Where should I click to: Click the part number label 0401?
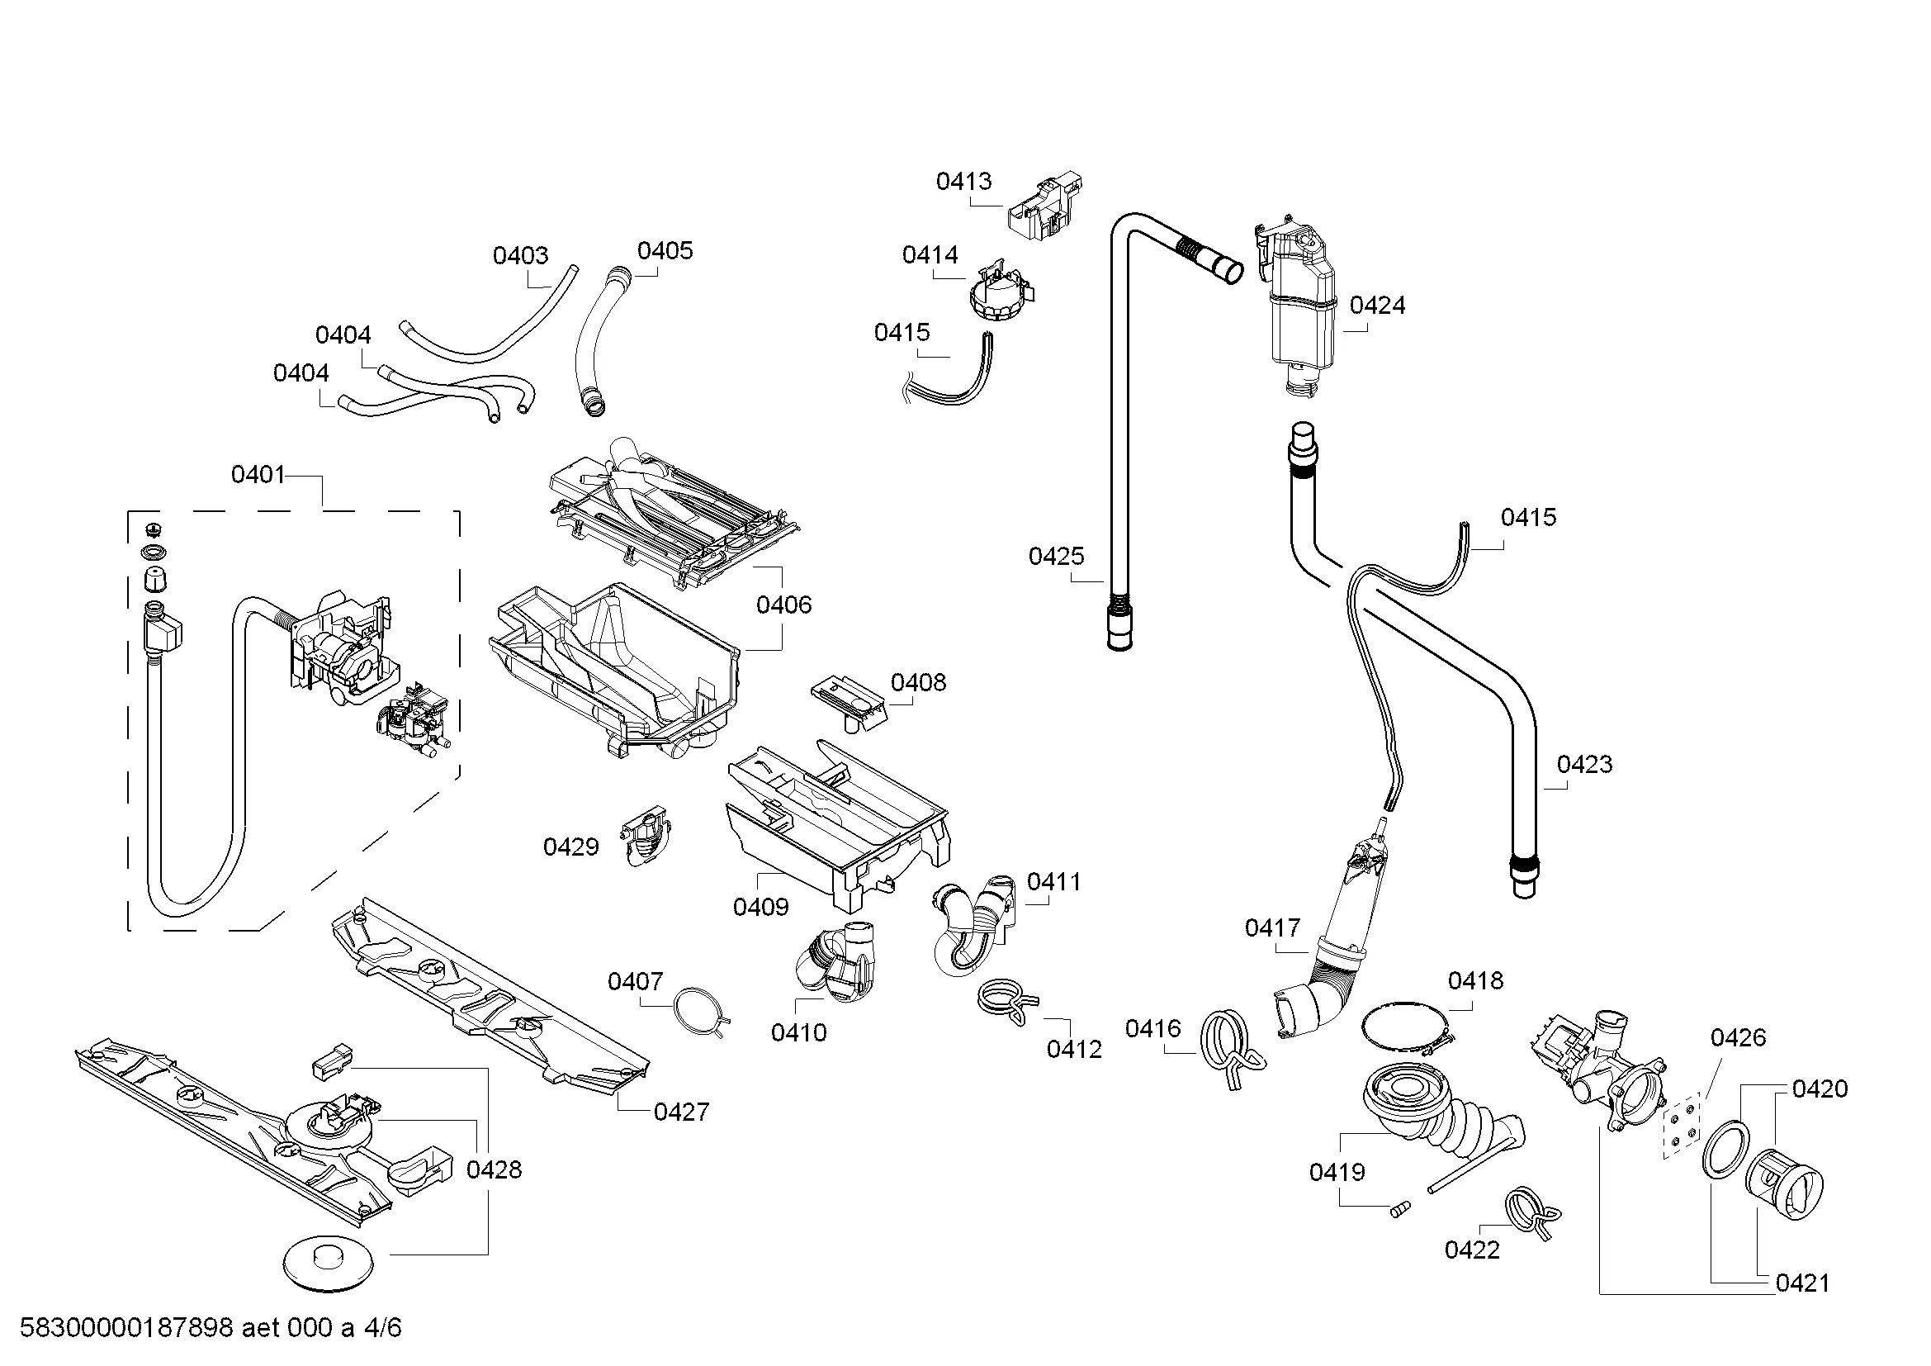pos(258,475)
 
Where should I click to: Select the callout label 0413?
pos(963,181)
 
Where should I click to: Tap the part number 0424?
pos(1378,306)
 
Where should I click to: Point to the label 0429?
pos(571,847)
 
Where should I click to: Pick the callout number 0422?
pos(1472,1250)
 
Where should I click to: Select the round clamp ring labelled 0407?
pos(699,1010)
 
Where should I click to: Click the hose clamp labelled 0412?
pos(1007,1001)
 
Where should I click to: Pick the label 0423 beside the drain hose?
pos(1584,765)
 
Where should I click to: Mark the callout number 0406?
pos(783,605)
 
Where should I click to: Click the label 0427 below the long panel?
pos(681,1112)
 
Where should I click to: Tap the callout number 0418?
pos(1475,981)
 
